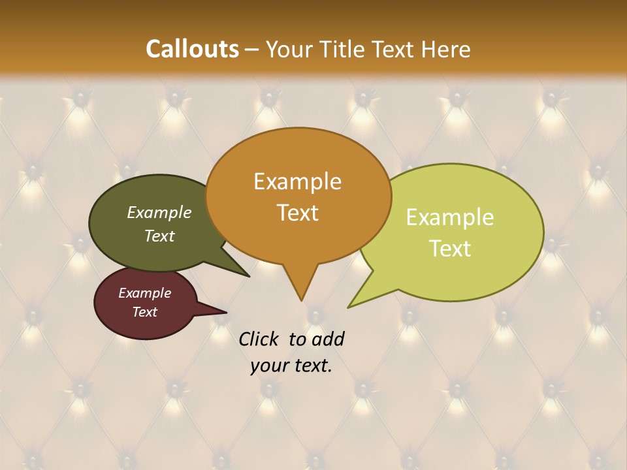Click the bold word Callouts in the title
[x=192, y=50]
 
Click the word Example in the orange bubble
[x=297, y=181]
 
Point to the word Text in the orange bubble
[x=297, y=213]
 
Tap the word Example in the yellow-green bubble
[x=450, y=217]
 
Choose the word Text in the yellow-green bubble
[x=450, y=249]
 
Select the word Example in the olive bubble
[x=159, y=213]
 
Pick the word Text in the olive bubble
[x=159, y=236]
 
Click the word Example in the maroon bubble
[x=144, y=293]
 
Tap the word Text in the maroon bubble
[x=144, y=312]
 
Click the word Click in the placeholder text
[x=259, y=339]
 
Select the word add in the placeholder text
[x=328, y=339]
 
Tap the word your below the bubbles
[x=268, y=366]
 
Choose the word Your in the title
[x=290, y=50]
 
